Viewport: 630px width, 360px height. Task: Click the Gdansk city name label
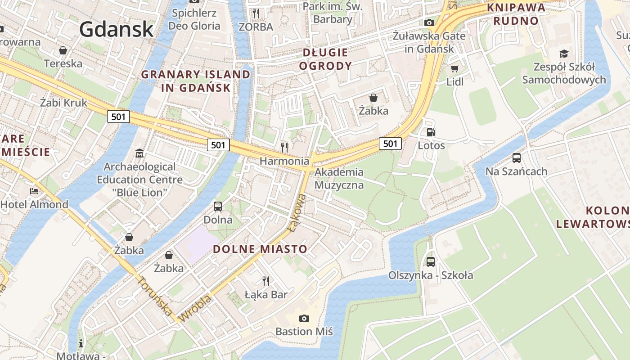(117, 29)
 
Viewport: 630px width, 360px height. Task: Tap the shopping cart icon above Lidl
(454, 68)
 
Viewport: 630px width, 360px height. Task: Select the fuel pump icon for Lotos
(431, 132)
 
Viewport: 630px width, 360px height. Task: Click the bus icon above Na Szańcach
(517, 158)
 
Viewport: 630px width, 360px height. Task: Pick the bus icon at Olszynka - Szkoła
(431, 261)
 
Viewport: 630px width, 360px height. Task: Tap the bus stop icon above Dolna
(218, 207)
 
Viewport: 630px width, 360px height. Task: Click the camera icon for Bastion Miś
(304, 318)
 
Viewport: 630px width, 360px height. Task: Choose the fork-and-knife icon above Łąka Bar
(266, 281)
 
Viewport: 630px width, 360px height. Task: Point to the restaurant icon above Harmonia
(284, 147)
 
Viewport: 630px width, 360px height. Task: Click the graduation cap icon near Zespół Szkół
(564, 54)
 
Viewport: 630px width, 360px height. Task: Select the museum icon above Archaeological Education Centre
(139, 153)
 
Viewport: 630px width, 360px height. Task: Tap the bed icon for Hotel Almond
(34, 191)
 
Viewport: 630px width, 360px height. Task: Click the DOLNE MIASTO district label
(260, 249)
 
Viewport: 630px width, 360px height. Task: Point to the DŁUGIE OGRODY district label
(325, 59)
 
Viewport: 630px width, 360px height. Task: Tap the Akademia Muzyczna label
(339, 178)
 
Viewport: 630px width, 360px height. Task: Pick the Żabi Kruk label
(63, 103)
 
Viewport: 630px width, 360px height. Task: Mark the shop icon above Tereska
(63, 50)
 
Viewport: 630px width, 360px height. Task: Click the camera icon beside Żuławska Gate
(429, 22)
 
